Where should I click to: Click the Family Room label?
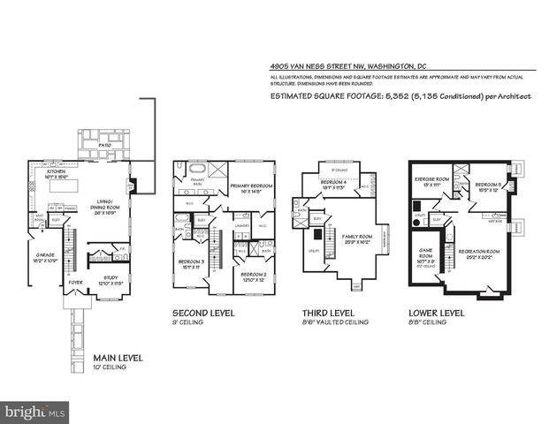353,238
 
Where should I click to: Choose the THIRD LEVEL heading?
326,314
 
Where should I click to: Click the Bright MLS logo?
35,412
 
